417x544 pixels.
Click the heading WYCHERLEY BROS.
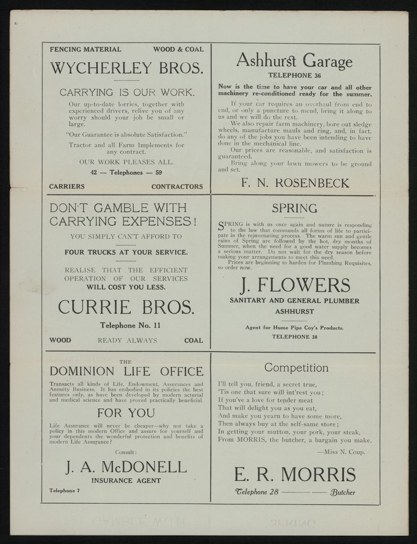(x=126, y=69)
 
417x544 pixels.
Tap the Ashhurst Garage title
(x=294, y=61)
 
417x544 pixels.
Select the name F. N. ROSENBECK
(x=295, y=183)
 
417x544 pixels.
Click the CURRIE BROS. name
(x=126, y=307)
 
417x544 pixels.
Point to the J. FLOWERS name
(x=295, y=285)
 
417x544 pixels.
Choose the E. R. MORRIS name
(x=295, y=474)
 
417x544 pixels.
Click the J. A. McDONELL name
(x=126, y=467)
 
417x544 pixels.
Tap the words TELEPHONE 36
(x=294, y=75)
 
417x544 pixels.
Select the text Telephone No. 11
(x=126, y=325)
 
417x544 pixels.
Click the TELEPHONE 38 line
(x=294, y=336)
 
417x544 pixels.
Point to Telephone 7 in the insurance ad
(x=64, y=490)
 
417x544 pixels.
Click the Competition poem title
(x=296, y=368)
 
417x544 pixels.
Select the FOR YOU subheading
(x=126, y=413)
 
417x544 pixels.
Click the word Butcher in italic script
(x=343, y=492)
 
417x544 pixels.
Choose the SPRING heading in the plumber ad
(x=294, y=208)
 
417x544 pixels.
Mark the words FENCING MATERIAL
(x=85, y=49)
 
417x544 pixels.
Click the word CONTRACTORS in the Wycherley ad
(x=177, y=186)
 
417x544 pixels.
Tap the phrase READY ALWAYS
(x=127, y=341)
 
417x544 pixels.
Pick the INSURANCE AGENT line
(x=126, y=481)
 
